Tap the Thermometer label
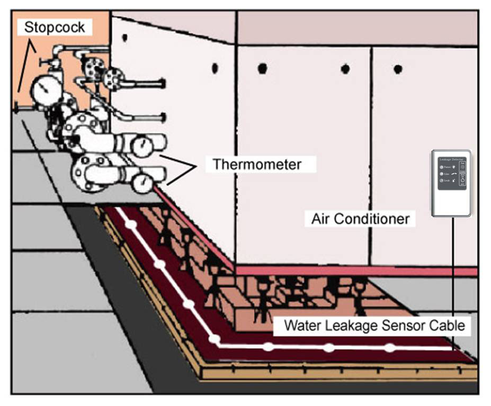tap(257, 164)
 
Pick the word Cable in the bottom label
tap(449, 326)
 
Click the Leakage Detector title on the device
tap(451, 159)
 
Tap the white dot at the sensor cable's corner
tap(215, 338)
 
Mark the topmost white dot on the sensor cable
tap(131, 224)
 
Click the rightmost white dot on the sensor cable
tap(390, 348)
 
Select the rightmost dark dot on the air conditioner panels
tap(398, 69)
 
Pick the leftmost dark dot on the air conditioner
tap(124, 38)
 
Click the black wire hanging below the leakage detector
tap(453, 275)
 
